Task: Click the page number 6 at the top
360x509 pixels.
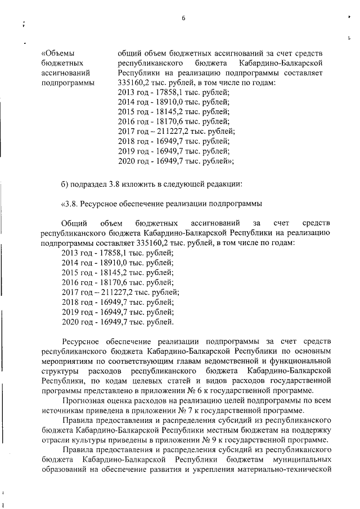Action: coord(183,19)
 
